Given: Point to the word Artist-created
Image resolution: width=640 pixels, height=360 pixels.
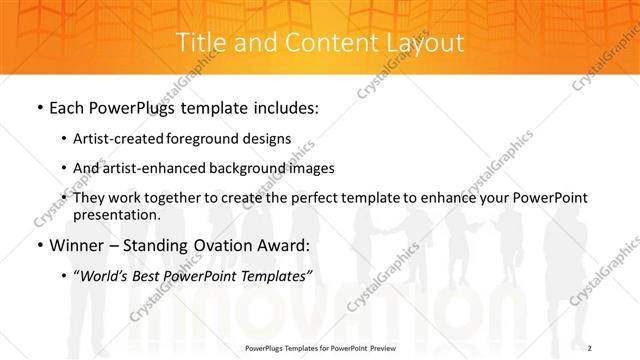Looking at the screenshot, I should (123, 138).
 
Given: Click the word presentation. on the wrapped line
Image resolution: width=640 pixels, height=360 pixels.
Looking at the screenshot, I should (117, 215).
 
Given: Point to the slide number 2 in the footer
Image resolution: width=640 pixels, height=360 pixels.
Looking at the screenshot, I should (590, 347).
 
